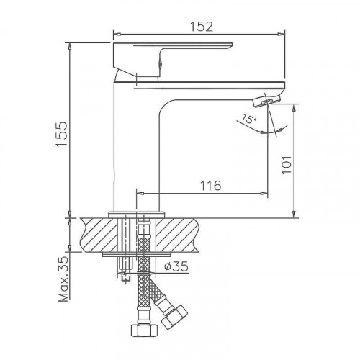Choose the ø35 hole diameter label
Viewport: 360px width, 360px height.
click(176, 267)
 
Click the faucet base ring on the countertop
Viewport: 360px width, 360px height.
click(137, 213)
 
